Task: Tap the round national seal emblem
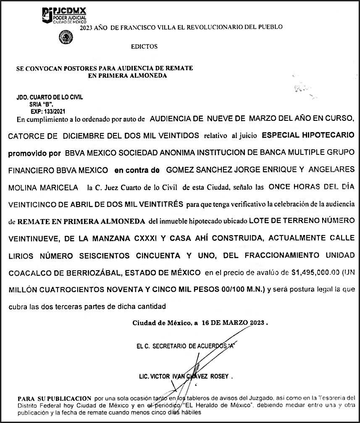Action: tap(65, 38)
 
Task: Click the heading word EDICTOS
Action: tap(144, 47)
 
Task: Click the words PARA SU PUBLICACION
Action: tap(54, 397)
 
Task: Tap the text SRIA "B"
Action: tap(42, 104)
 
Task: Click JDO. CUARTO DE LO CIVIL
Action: tap(50, 97)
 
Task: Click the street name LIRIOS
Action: tap(21, 256)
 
